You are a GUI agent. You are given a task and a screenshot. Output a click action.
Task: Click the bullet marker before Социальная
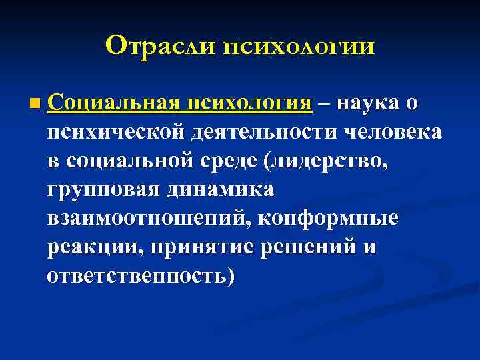pyautogui.click(x=34, y=104)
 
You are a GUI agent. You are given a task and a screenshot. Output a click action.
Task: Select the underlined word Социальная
pyautogui.click(x=114, y=103)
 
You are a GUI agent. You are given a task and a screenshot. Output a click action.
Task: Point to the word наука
pyautogui.click(x=369, y=104)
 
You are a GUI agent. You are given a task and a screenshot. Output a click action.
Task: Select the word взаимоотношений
pyautogui.click(x=149, y=219)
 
